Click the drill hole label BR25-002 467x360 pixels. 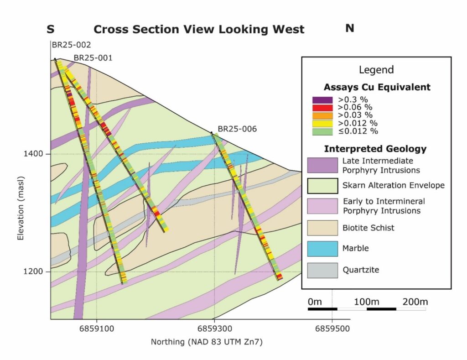click(x=72, y=45)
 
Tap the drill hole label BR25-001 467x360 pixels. click(x=93, y=58)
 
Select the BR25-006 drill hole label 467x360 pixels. click(x=237, y=129)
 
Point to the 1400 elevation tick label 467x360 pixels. click(x=33, y=154)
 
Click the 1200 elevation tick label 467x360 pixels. click(x=33, y=272)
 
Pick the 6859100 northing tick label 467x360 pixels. click(x=97, y=329)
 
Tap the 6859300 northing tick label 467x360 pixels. click(x=214, y=329)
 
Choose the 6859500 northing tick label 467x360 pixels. click(x=332, y=329)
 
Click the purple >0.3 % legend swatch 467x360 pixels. click(x=322, y=100)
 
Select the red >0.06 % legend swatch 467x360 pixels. click(x=322, y=108)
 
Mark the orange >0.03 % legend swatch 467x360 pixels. click(x=322, y=115)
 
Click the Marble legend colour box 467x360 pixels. click(x=322, y=249)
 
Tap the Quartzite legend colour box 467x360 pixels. click(x=322, y=270)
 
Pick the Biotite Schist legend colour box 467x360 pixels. click(x=322, y=228)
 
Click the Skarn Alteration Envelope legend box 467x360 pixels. click(x=322, y=186)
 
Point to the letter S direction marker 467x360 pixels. click(x=51, y=29)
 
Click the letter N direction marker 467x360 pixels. click(x=350, y=28)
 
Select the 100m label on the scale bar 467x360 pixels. click(x=366, y=302)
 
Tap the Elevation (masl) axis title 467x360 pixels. click(x=20, y=209)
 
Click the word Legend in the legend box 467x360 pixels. click(x=376, y=70)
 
